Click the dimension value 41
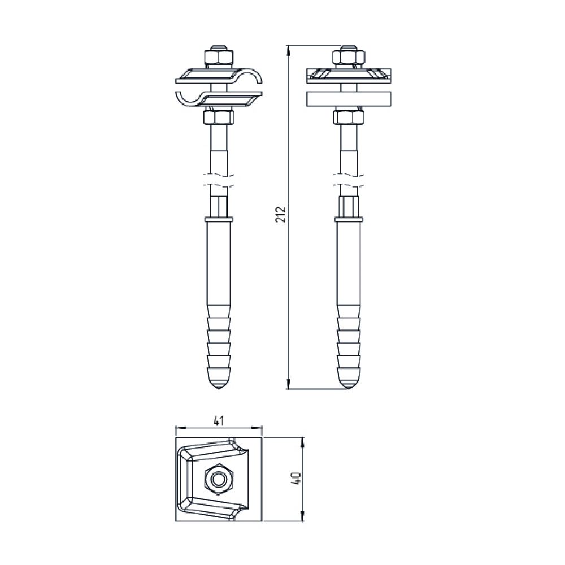(x=219, y=420)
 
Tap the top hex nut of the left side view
(x=219, y=58)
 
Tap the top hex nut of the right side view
(x=349, y=58)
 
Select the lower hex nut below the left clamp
(x=219, y=118)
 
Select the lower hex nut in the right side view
(x=349, y=118)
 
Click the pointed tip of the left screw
(x=219, y=389)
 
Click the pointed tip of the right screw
(x=349, y=389)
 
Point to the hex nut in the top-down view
(x=219, y=479)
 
